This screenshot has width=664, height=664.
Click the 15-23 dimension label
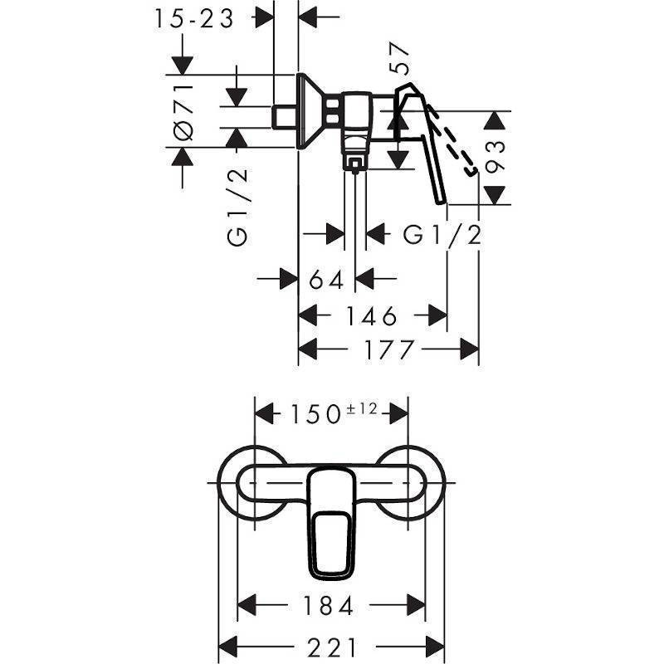click(x=194, y=19)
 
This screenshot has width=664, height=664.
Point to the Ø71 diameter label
click(x=183, y=112)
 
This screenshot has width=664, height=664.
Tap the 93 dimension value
click(x=495, y=157)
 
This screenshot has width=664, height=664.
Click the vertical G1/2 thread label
click(x=237, y=207)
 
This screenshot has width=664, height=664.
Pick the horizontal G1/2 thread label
click(x=442, y=235)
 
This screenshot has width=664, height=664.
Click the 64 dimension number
click(x=326, y=280)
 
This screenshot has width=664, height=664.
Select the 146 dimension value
click(x=372, y=316)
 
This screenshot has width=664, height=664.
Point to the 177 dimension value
click(x=388, y=349)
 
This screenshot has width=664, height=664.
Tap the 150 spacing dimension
click(x=315, y=414)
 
